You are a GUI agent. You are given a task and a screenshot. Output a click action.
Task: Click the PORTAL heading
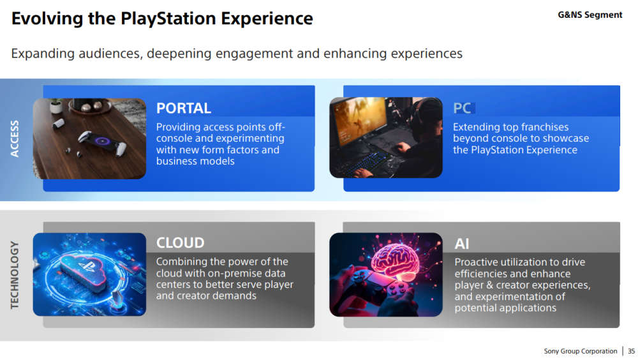pos(184,109)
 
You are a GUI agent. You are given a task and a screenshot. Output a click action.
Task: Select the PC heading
pos(462,109)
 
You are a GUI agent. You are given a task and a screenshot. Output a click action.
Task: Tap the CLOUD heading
pos(181,243)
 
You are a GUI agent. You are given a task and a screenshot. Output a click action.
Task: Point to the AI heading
pos(462,244)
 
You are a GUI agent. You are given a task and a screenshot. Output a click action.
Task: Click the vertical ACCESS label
pos(15,139)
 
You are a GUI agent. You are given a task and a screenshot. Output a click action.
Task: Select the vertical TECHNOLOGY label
pos(15,275)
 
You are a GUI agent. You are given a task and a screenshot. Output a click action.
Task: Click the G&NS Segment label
pos(590,15)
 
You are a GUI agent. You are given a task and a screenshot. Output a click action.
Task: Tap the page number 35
pos(631,351)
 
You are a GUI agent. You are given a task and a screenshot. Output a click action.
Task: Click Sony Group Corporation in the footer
pos(580,351)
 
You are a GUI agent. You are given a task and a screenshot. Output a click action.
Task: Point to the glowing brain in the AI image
pos(396,260)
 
